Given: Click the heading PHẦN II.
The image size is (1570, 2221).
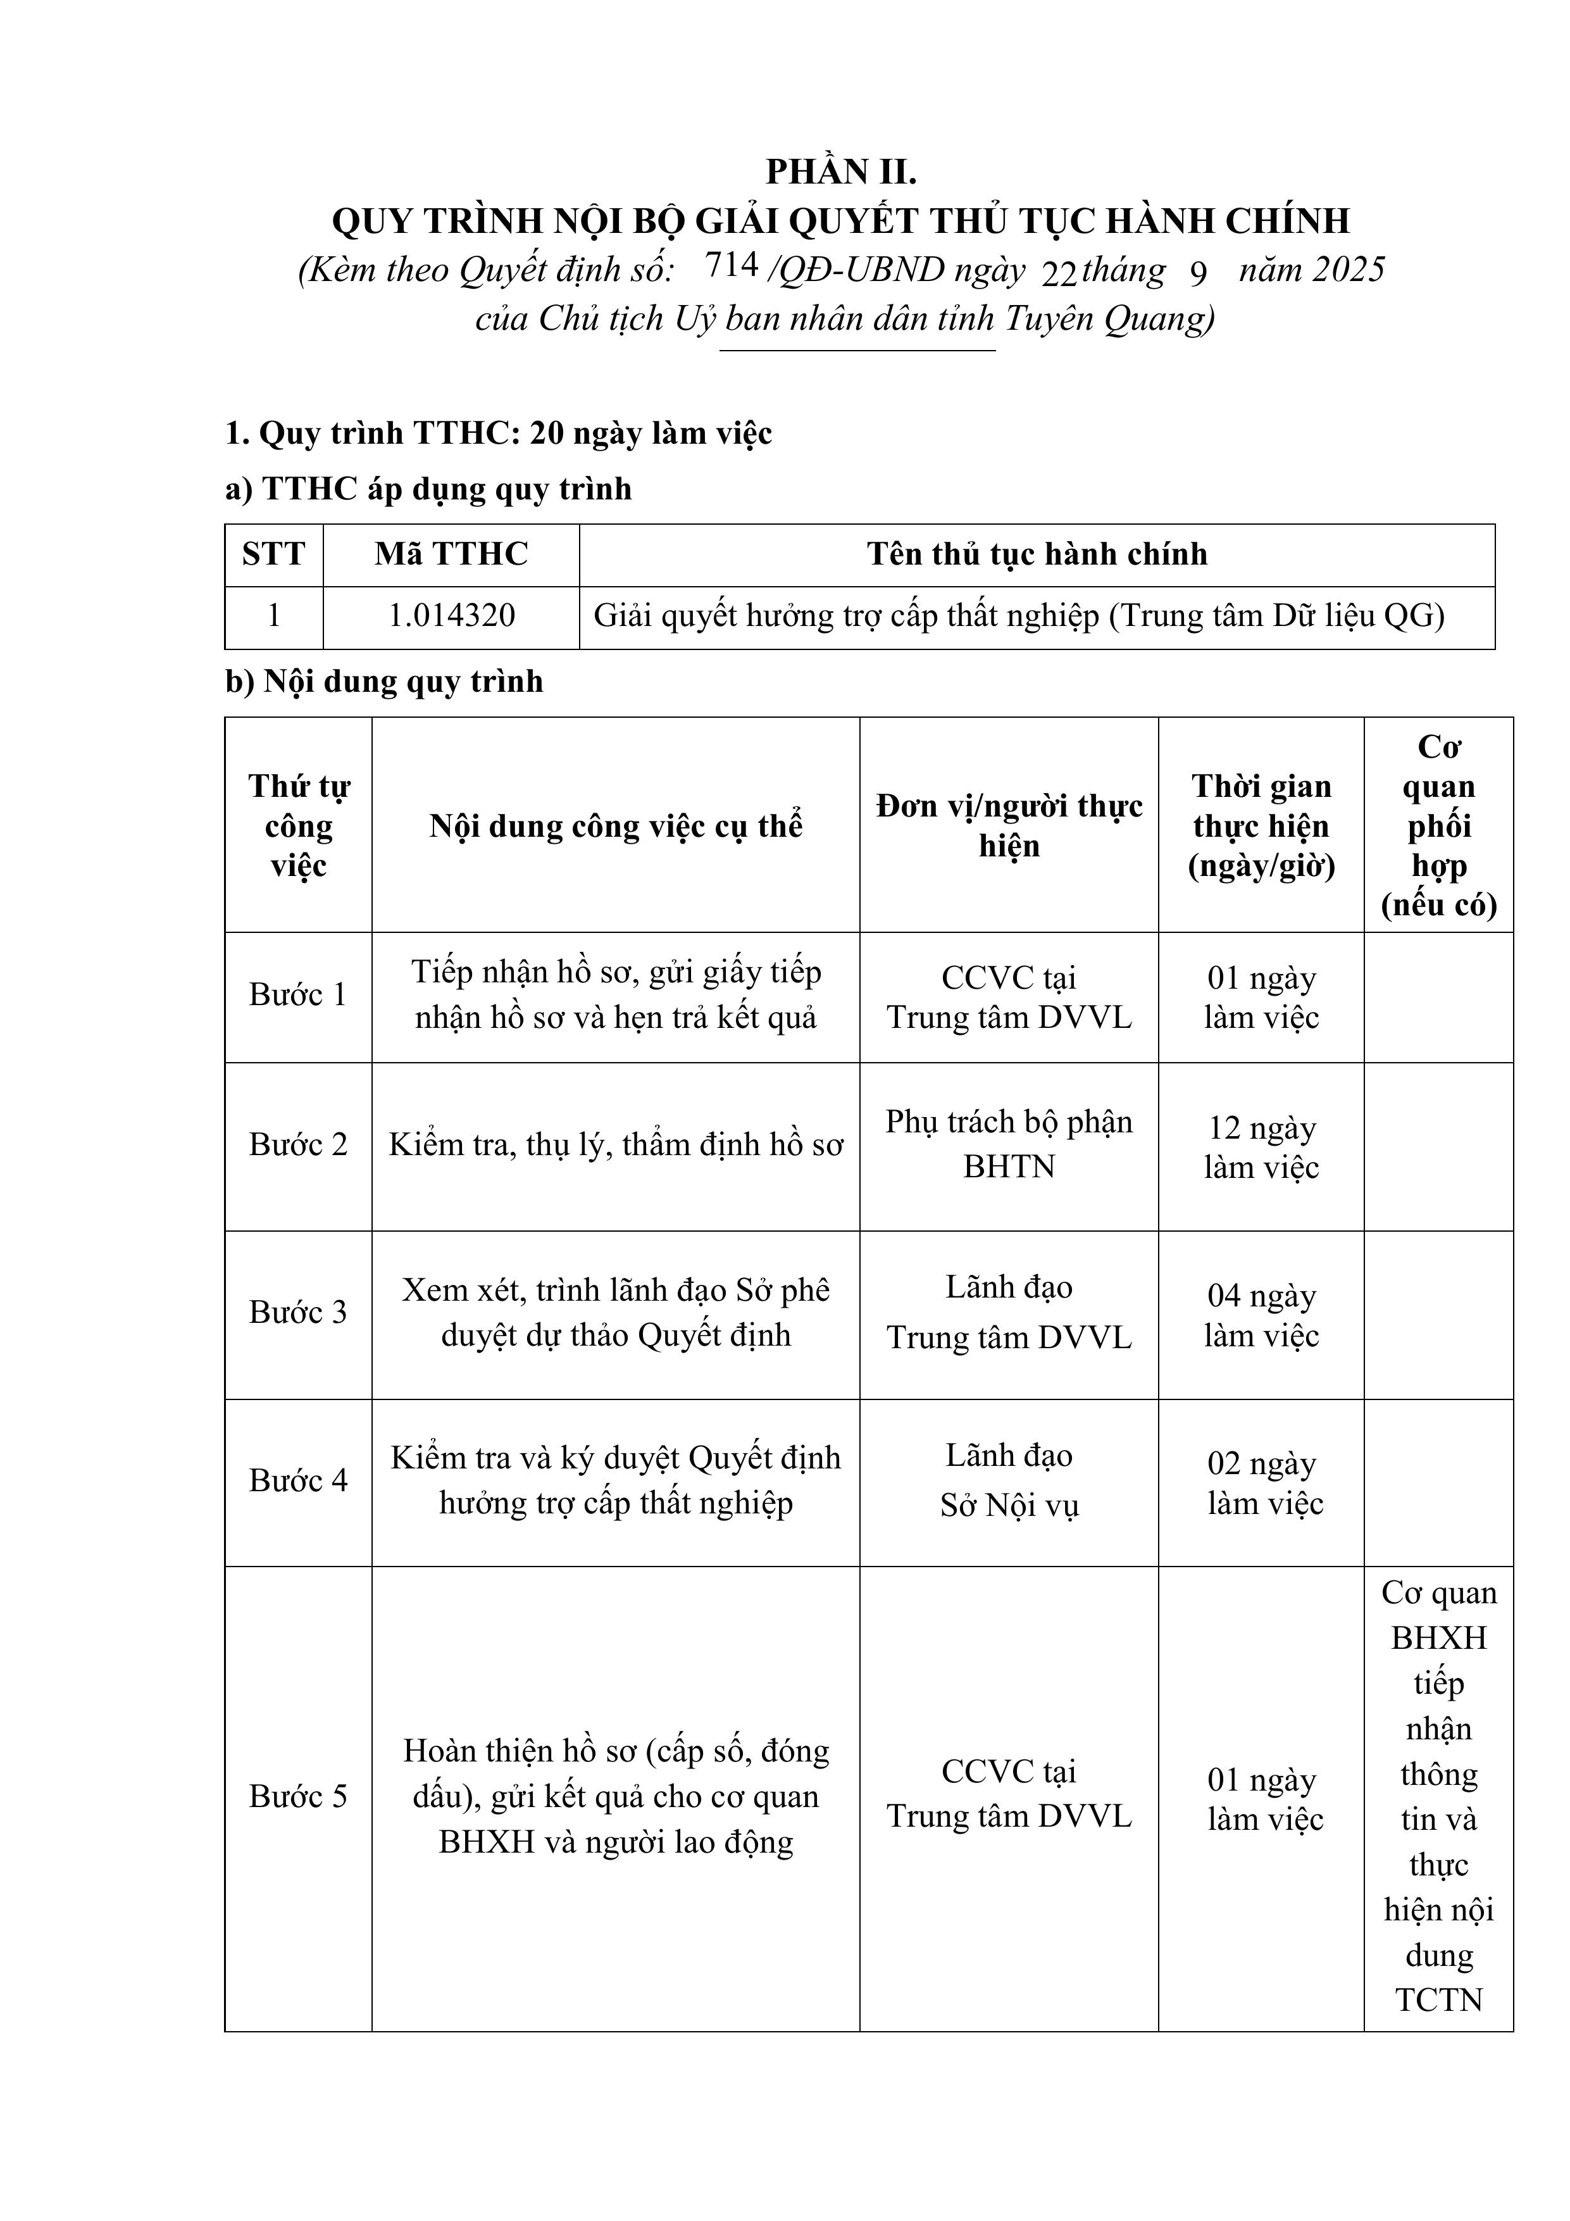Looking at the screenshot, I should pos(840,172).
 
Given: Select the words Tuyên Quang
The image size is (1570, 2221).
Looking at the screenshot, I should pos(1107,319).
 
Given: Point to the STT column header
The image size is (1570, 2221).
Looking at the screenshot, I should pos(274,554).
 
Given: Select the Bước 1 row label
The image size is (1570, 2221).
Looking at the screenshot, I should pos(298,994).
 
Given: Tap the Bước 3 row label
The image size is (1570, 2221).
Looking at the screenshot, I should pos(298,1313).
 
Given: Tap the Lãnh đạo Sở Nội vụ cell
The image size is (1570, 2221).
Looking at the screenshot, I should pos(1008,1481).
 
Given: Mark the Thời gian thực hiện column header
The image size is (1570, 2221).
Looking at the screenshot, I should pos(1261,826).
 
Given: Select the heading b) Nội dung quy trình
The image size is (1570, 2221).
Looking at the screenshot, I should pos(384,682).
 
